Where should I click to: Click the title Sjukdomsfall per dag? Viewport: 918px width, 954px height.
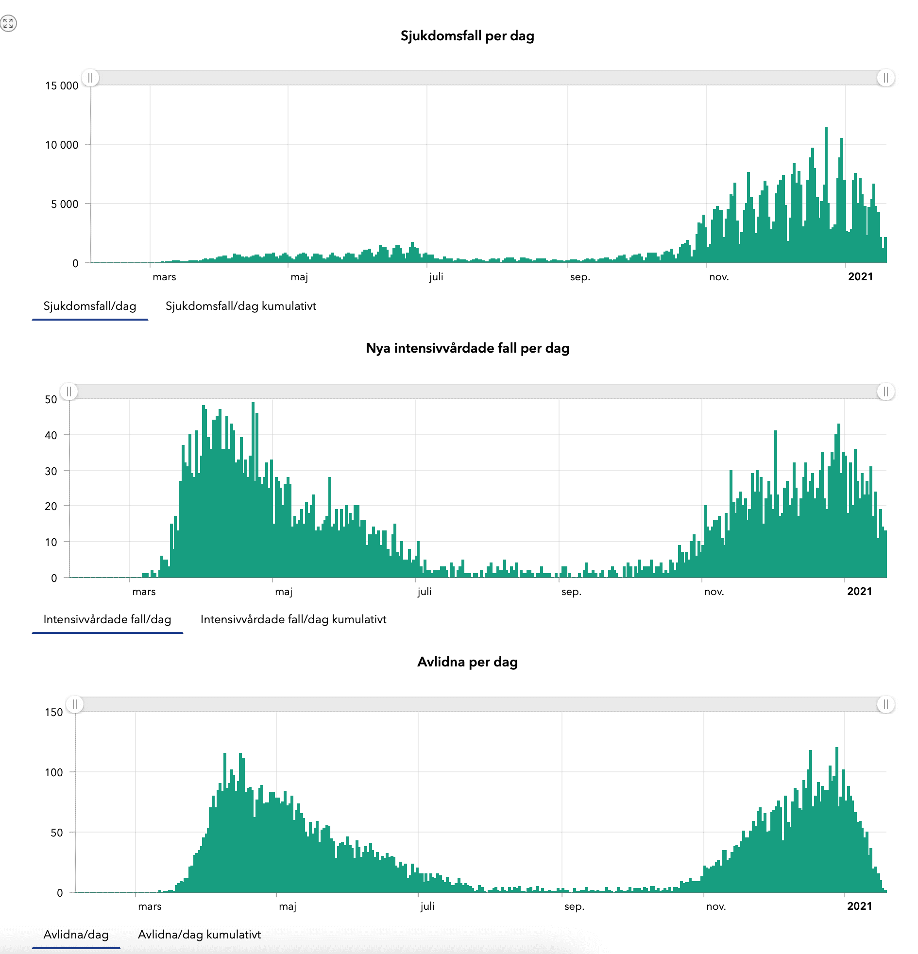pos(467,36)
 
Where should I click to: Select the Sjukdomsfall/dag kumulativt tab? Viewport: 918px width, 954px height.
pos(240,306)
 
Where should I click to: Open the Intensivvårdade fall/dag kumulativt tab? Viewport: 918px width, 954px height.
pos(293,619)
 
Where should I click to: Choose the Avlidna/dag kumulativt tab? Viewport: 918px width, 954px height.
pos(199,934)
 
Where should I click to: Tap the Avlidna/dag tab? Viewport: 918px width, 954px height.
pos(76,934)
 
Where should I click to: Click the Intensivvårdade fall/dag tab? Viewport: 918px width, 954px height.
pos(107,619)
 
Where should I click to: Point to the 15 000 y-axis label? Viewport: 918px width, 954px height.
pos(61,86)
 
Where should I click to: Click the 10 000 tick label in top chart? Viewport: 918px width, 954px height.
pos(61,145)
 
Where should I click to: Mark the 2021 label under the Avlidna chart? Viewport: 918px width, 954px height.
pos(859,906)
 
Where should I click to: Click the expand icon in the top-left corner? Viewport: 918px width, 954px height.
pos(8,23)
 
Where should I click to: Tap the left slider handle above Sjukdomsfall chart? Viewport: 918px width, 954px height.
pos(90,78)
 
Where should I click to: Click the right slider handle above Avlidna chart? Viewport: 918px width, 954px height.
pos(885,704)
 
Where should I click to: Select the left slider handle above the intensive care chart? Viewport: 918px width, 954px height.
pos(69,392)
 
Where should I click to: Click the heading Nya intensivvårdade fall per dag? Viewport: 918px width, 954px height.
pos(467,348)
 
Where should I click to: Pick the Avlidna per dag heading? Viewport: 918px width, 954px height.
pos(467,662)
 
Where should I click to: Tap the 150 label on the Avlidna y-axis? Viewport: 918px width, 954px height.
pos(53,712)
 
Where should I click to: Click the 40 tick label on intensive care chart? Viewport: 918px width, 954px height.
pos(51,435)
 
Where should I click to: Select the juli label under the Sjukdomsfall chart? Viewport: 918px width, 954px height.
pos(436,277)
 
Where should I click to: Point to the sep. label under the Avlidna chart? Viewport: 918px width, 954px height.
pos(574,906)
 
